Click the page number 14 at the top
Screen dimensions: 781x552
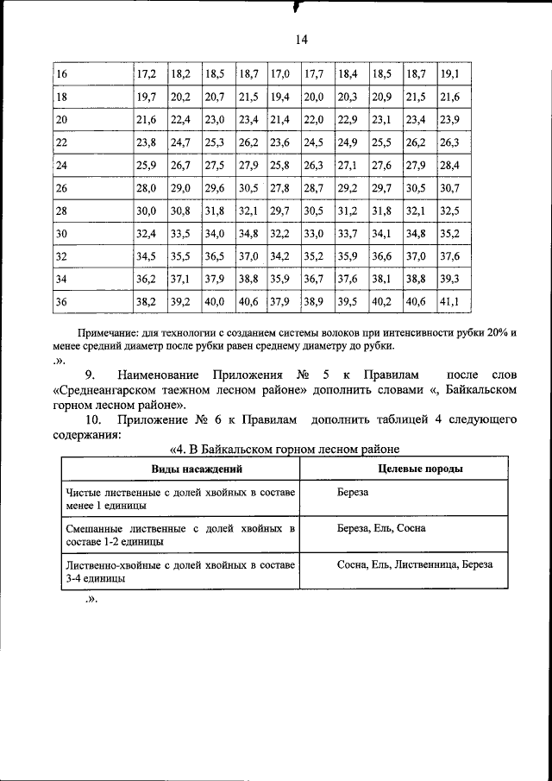301,40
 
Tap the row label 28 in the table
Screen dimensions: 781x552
62,210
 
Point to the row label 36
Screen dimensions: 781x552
62,301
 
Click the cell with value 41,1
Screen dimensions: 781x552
449,301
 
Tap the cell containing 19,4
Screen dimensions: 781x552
280,98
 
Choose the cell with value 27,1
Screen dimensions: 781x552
348,165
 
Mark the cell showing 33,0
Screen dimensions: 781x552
314,233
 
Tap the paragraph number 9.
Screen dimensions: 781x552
90,375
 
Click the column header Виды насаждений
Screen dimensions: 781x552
179,469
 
